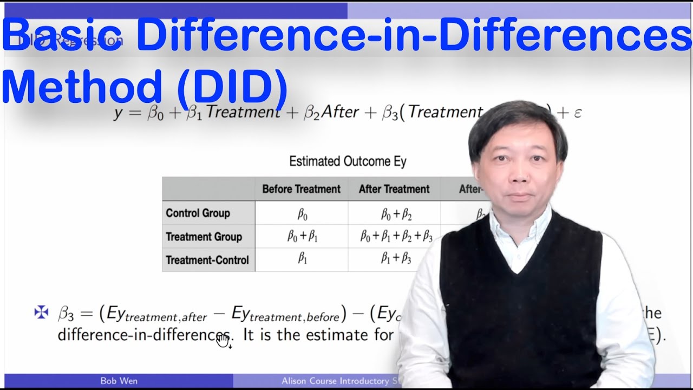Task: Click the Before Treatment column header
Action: click(x=301, y=189)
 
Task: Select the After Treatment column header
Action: click(x=394, y=189)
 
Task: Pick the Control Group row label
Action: click(x=198, y=213)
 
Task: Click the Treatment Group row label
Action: click(x=204, y=237)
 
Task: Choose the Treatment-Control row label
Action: click(x=207, y=260)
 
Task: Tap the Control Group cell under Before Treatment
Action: click(x=302, y=213)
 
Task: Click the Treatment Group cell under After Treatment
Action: click(x=396, y=237)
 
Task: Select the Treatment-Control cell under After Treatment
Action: click(x=396, y=259)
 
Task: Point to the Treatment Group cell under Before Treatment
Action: click(x=302, y=237)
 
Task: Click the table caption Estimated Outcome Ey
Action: click(x=348, y=161)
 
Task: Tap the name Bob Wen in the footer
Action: click(x=119, y=381)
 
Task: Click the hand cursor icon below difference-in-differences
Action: click(x=223, y=340)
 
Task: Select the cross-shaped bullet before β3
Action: click(x=41, y=313)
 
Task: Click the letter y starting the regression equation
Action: click(x=118, y=113)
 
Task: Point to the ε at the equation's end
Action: click(x=577, y=113)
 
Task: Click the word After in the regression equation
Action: click(x=339, y=112)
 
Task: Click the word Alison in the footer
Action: click(x=298, y=381)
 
